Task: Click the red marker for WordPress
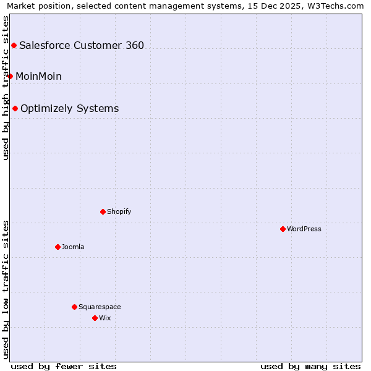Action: [x=283, y=229]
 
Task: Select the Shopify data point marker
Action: [x=103, y=211]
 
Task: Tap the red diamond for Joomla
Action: [x=58, y=247]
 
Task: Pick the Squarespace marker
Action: [x=74, y=307]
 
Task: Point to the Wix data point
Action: [x=95, y=318]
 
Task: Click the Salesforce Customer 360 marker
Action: [x=14, y=45]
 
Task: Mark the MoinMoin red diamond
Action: [x=10, y=76]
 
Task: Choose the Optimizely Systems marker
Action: [x=15, y=108]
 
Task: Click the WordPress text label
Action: [x=304, y=229]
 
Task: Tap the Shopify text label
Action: [x=119, y=211]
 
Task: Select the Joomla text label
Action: [x=73, y=247]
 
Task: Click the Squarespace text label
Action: [x=100, y=307]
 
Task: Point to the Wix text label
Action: [x=105, y=318]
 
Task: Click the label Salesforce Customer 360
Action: [x=82, y=45]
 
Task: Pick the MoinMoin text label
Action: [x=38, y=76]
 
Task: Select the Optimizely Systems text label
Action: [x=69, y=108]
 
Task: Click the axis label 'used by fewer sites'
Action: [x=64, y=366]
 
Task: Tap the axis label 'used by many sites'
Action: [x=310, y=366]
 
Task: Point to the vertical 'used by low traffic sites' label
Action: [x=6, y=289]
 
